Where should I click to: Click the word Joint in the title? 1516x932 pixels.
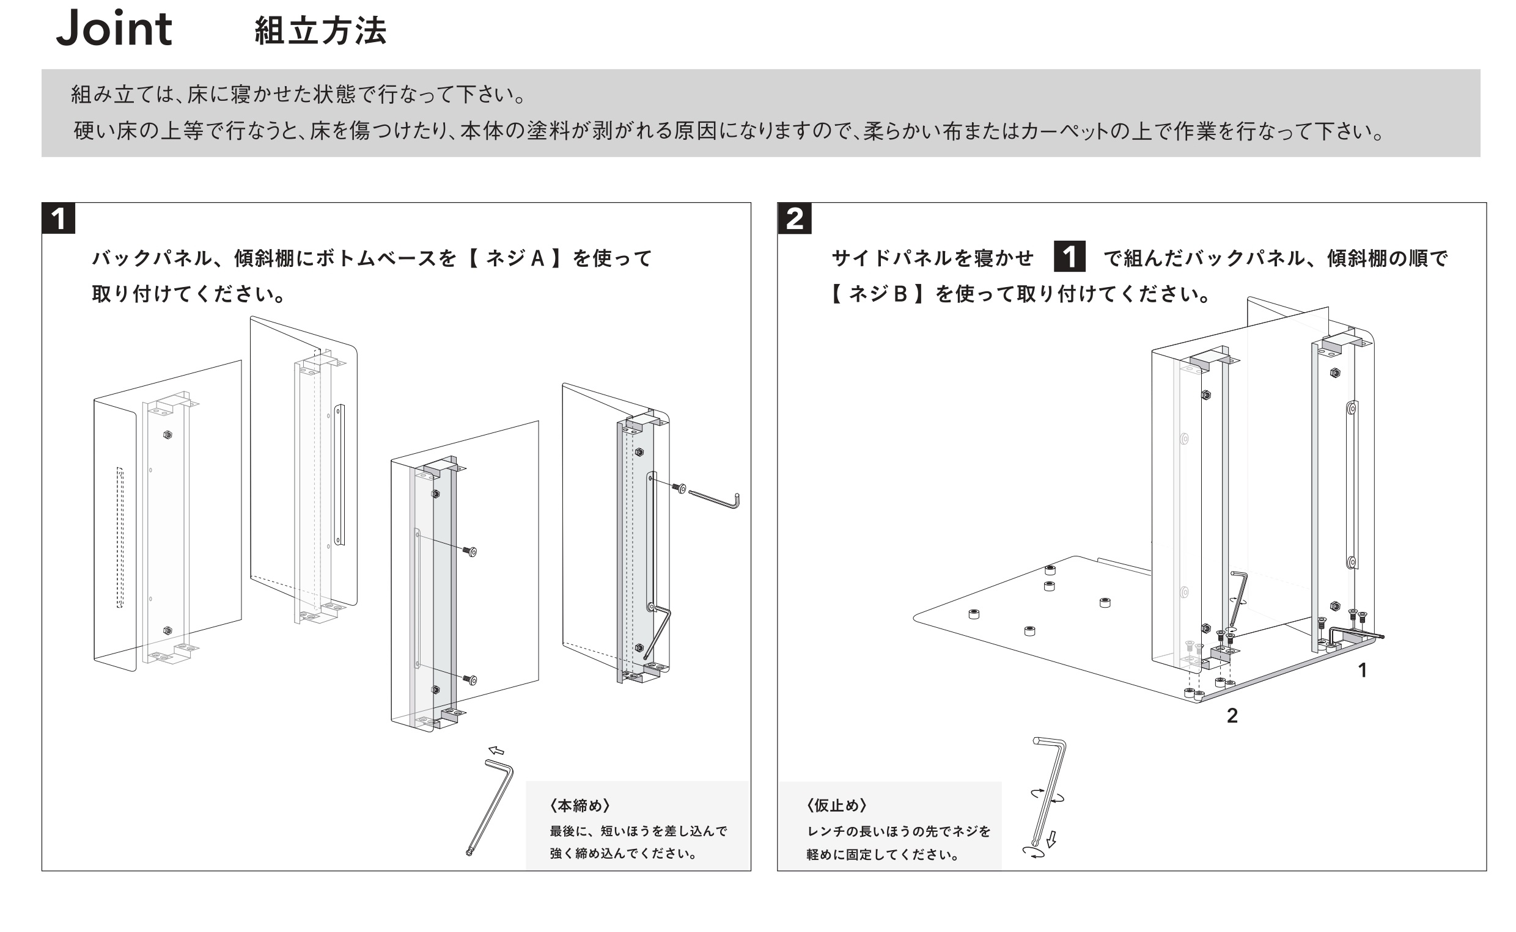(114, 29)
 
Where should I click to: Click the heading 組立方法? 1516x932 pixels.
(320, 31)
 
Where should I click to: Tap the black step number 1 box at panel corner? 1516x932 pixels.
(59, 219)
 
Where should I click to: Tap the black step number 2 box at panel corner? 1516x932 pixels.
(795, 219)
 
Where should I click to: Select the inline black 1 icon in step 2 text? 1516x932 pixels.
(1069, 257)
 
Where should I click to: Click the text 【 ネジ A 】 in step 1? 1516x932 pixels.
(514, 258)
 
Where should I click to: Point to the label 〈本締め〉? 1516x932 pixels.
(579, 805)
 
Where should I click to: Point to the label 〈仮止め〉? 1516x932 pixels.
(836, 805)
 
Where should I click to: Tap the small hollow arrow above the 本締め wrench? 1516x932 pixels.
(496, 750)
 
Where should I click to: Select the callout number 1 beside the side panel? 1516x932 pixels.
(1363, 670)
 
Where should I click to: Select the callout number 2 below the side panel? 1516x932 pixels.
(1232, 715)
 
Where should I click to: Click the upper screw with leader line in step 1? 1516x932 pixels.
(470, 552)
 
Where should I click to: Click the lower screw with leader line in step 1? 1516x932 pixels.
(470, 680)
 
